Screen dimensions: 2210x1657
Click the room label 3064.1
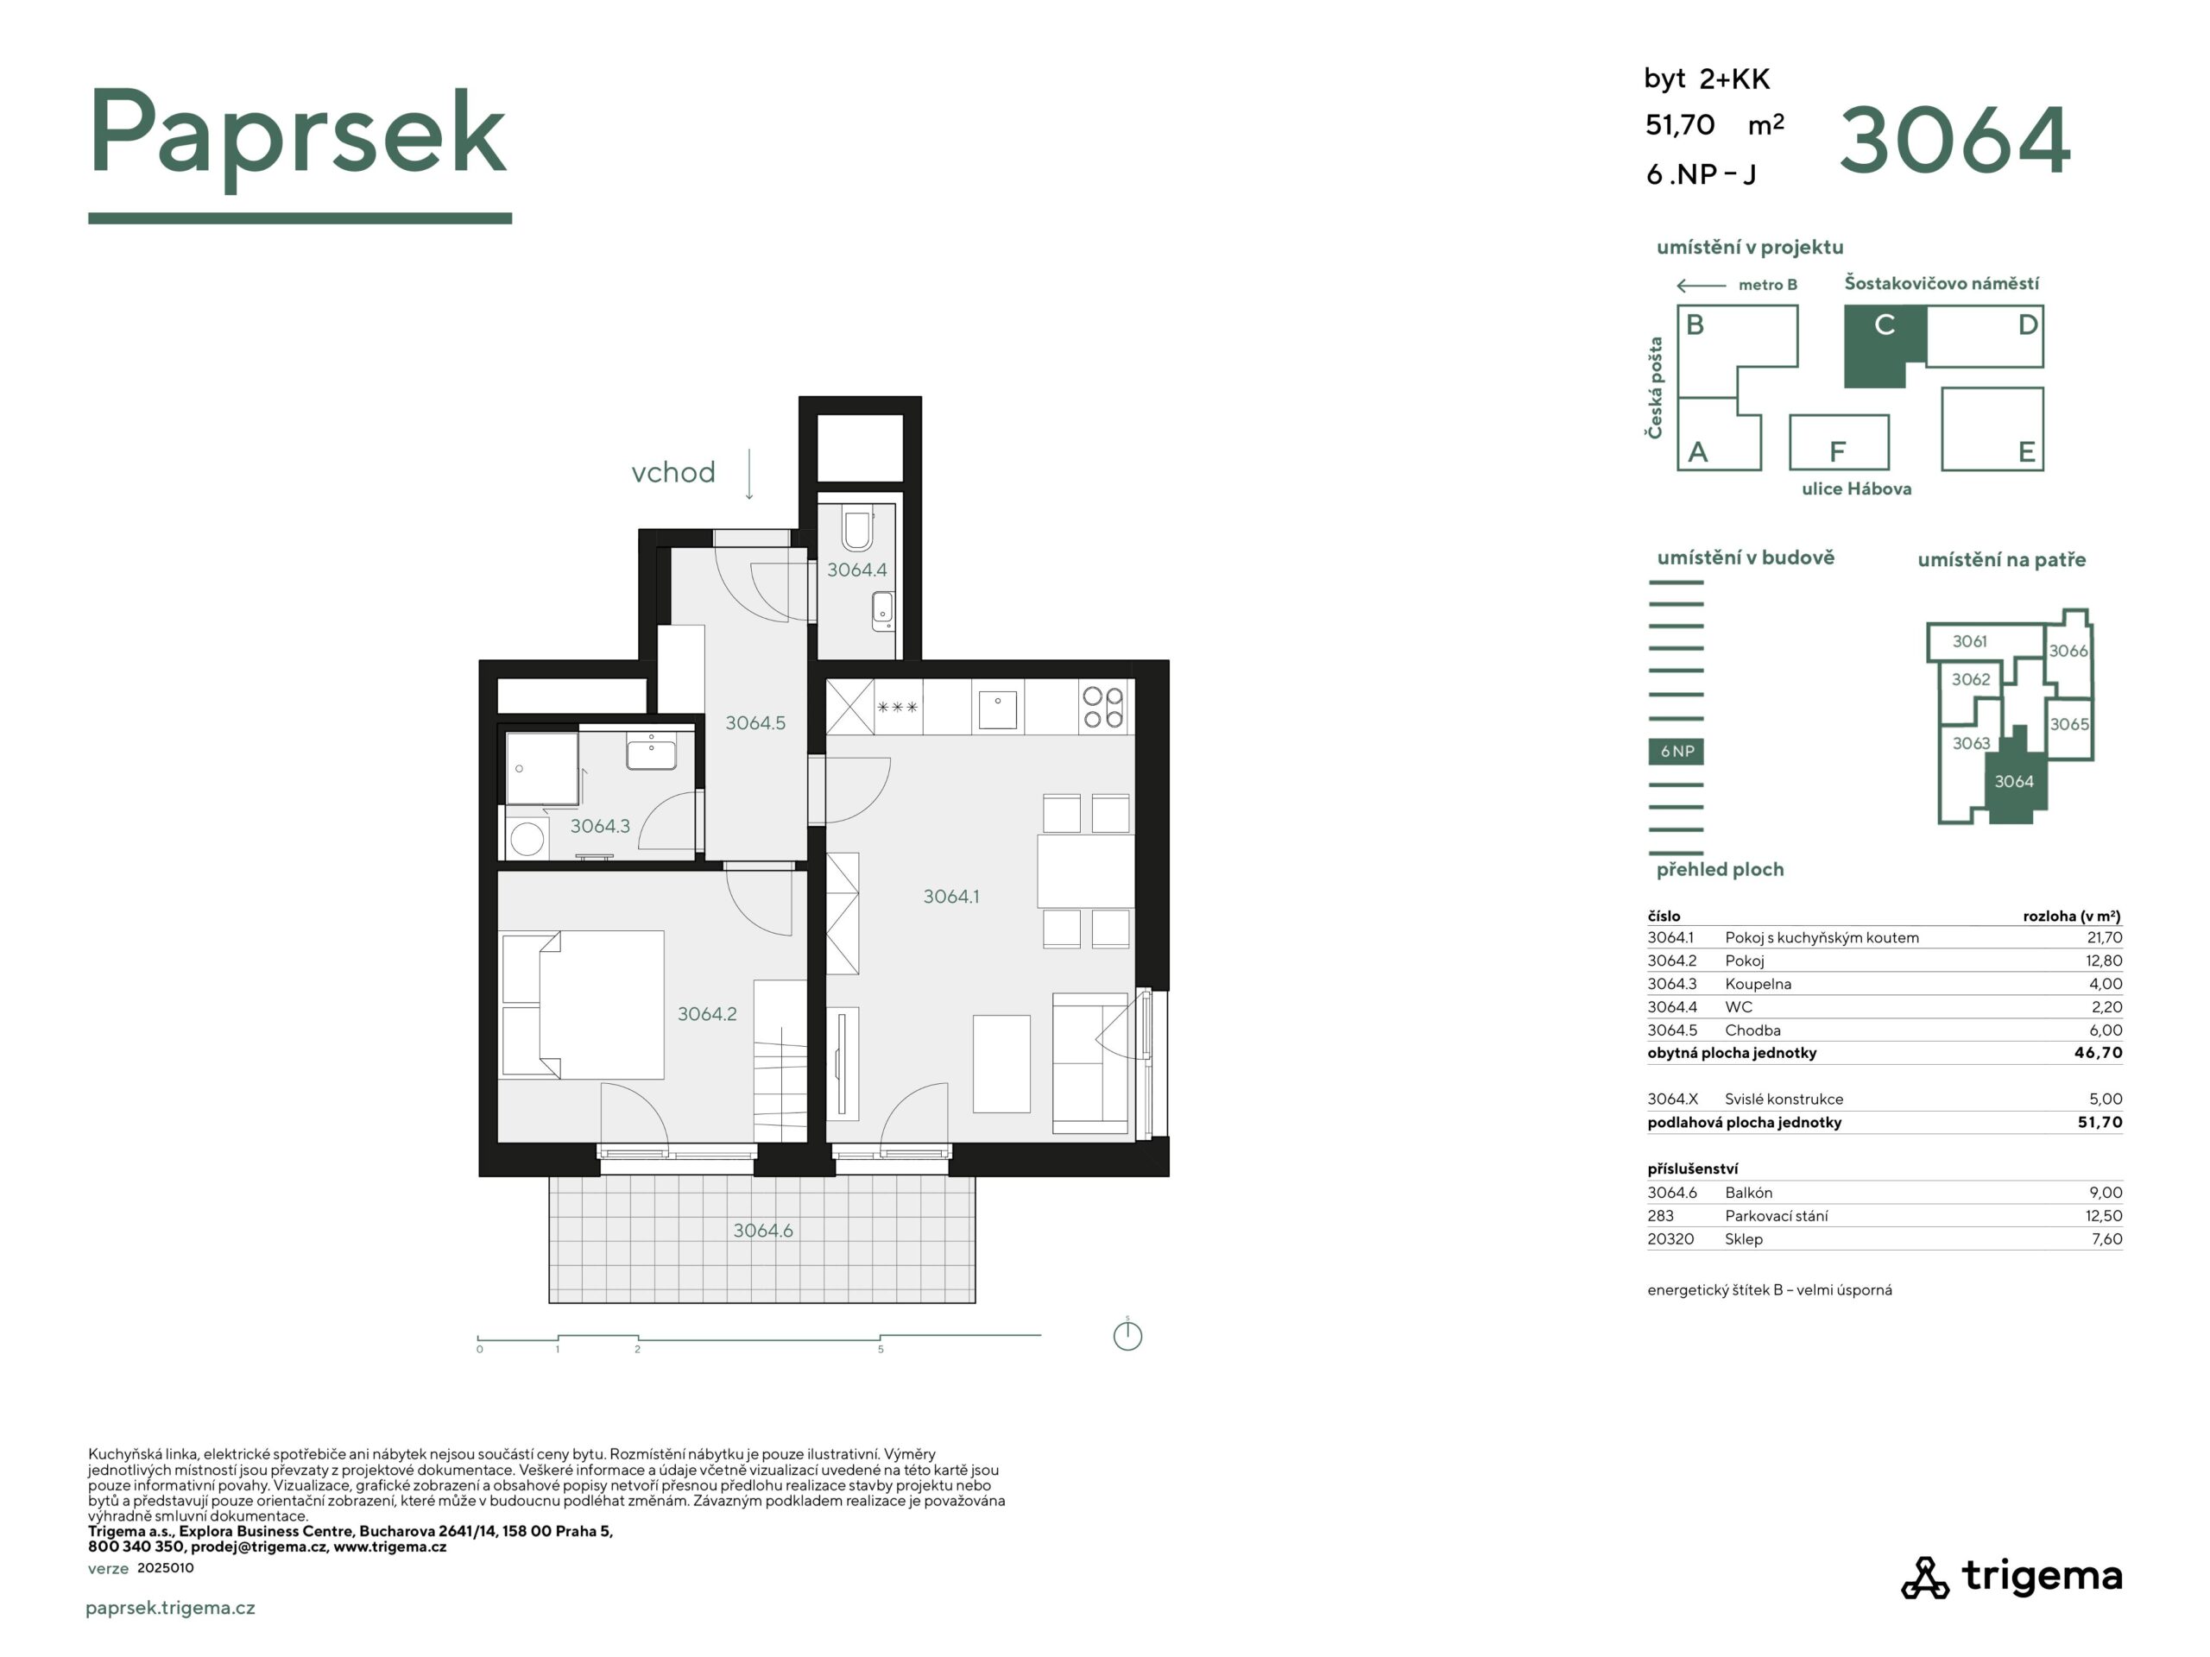950,897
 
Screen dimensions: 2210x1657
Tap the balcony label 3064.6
762,1231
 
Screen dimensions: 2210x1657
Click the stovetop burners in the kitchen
1103,707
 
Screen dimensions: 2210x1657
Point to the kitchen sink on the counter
997,709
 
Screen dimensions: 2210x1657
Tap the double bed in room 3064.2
583,1005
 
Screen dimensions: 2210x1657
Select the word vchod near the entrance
672,472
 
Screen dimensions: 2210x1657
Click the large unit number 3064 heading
1954,141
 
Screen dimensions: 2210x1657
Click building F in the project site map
1838,443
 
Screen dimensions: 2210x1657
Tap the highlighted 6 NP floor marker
1676,751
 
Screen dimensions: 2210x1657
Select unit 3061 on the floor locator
1969,641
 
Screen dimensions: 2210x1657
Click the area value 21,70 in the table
2104,937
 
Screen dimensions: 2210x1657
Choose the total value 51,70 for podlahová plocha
2100,1122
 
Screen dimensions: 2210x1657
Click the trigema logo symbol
1924,1577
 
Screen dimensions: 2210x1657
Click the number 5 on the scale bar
881,1350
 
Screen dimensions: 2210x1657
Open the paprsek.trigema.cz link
171,1608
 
